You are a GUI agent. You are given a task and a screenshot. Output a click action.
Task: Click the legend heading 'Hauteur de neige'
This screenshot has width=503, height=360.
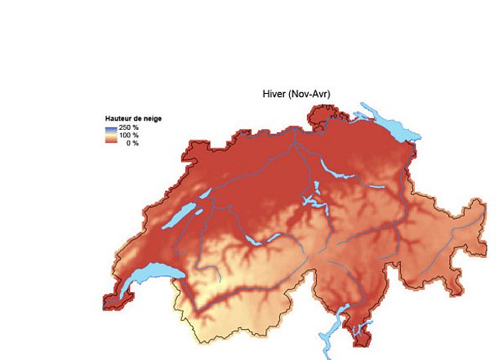point(133,118)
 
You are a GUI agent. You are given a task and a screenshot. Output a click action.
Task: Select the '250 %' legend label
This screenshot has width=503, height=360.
point(129,127)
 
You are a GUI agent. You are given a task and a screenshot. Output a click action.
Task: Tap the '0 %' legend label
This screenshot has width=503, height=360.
point(131,143)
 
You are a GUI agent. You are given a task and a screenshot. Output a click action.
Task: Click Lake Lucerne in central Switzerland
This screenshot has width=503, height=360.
point(312,201)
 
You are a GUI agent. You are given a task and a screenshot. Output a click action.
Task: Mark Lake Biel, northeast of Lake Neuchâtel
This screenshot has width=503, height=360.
point(203,194)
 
